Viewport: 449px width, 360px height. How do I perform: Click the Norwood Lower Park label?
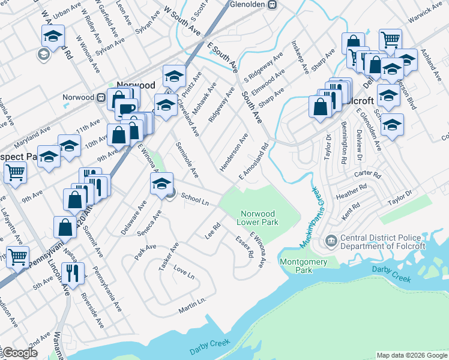(258, 217)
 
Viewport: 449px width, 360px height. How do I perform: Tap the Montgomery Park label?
(303, 265)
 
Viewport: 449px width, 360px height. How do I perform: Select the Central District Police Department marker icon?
(331, 242)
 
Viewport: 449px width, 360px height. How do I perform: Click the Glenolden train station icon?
(272, 4)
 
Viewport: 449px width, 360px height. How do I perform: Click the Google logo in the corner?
(20, 353)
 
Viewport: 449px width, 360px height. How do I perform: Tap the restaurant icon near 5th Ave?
(73, 274)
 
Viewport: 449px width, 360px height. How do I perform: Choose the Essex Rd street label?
(245, 247)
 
